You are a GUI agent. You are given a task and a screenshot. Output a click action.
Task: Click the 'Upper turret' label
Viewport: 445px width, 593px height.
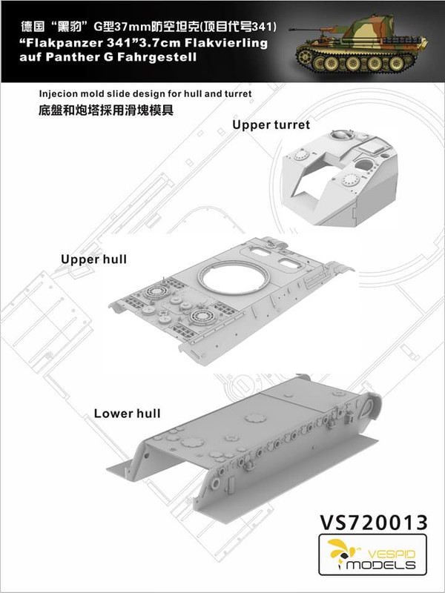(x=271, y=125)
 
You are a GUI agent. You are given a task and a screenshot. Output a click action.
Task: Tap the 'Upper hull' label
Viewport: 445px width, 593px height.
(x=94, y=260)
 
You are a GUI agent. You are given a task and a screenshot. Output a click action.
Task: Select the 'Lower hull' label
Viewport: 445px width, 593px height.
(x=127, y=413)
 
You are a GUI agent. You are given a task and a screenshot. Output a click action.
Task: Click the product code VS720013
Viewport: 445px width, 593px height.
(x=374, y=523)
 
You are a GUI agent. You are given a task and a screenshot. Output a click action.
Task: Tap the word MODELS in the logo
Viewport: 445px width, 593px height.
(x=381, y=566)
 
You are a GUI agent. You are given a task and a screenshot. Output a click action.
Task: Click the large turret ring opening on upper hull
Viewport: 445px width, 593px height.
(x=233, y=279)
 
